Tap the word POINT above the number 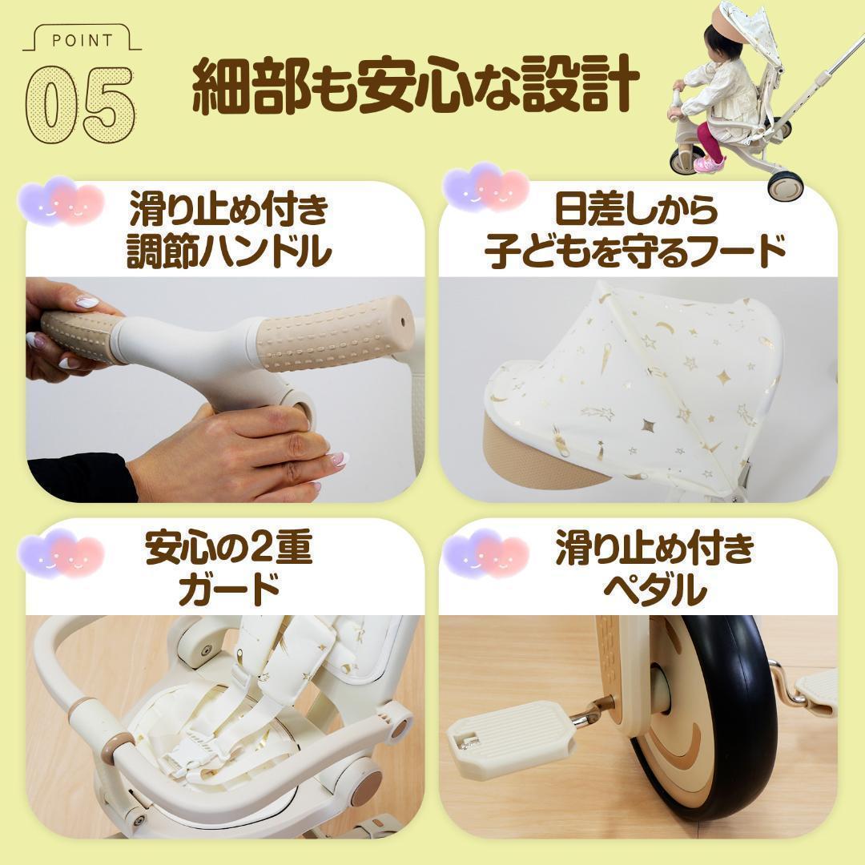pos(82,39)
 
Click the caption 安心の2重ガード pos(229,569)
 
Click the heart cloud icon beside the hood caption pos(487,189)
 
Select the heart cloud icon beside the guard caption pos(62,553)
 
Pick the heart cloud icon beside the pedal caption pos(487,553)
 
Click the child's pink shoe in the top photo pos(707,163)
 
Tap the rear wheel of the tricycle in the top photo pos(780,184)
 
